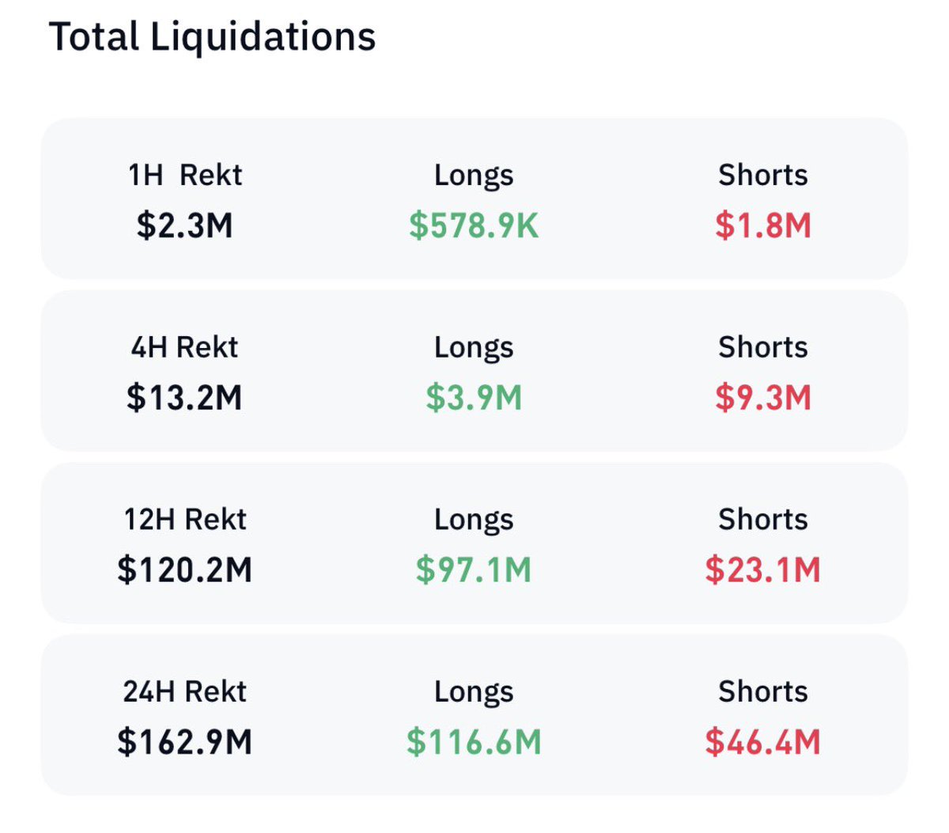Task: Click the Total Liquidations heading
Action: pos(212,37)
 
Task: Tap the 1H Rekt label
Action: pos(185,175)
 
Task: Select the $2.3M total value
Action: pos(185,225)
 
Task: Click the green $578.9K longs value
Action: pos(474,225)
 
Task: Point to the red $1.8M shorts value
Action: pos(763,225)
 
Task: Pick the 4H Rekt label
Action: pos(185,347)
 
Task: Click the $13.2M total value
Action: pos(185,397)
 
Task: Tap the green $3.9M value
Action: pos(474,397)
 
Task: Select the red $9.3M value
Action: pos(763,397)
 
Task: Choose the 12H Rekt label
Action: pos(185,520)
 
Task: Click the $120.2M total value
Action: pos(185,570)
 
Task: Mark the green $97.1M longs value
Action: pos(474,570)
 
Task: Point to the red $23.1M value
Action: pos(763,570)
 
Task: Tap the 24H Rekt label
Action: pos(185,692)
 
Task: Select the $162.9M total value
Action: pos(185,742)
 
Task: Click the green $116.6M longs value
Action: pos(474,742)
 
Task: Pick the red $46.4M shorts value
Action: pos(763,742)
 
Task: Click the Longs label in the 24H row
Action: pos(474,692)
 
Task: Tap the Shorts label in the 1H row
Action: pos(763,175)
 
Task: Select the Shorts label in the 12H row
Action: pos(763,520)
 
